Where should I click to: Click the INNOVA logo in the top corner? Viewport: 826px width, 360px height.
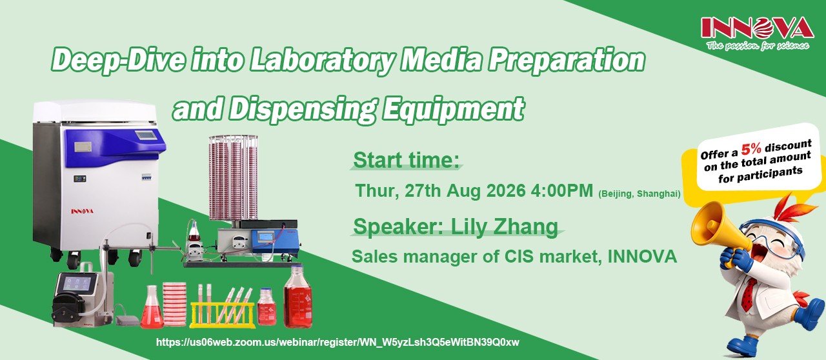point(758,32)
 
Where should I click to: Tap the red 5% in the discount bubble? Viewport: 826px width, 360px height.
point(751,148)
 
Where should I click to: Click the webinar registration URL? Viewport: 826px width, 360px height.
point(337,343)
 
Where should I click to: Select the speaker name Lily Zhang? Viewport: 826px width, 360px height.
point(504,227)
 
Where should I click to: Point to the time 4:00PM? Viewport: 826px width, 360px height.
point(562,191)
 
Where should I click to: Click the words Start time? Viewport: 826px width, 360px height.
point(407,160)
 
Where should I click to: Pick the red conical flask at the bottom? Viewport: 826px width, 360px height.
point(152,307)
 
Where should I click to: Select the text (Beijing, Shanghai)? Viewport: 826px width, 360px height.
point(640,194)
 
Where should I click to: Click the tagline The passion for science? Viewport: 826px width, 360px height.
point(758,45)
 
